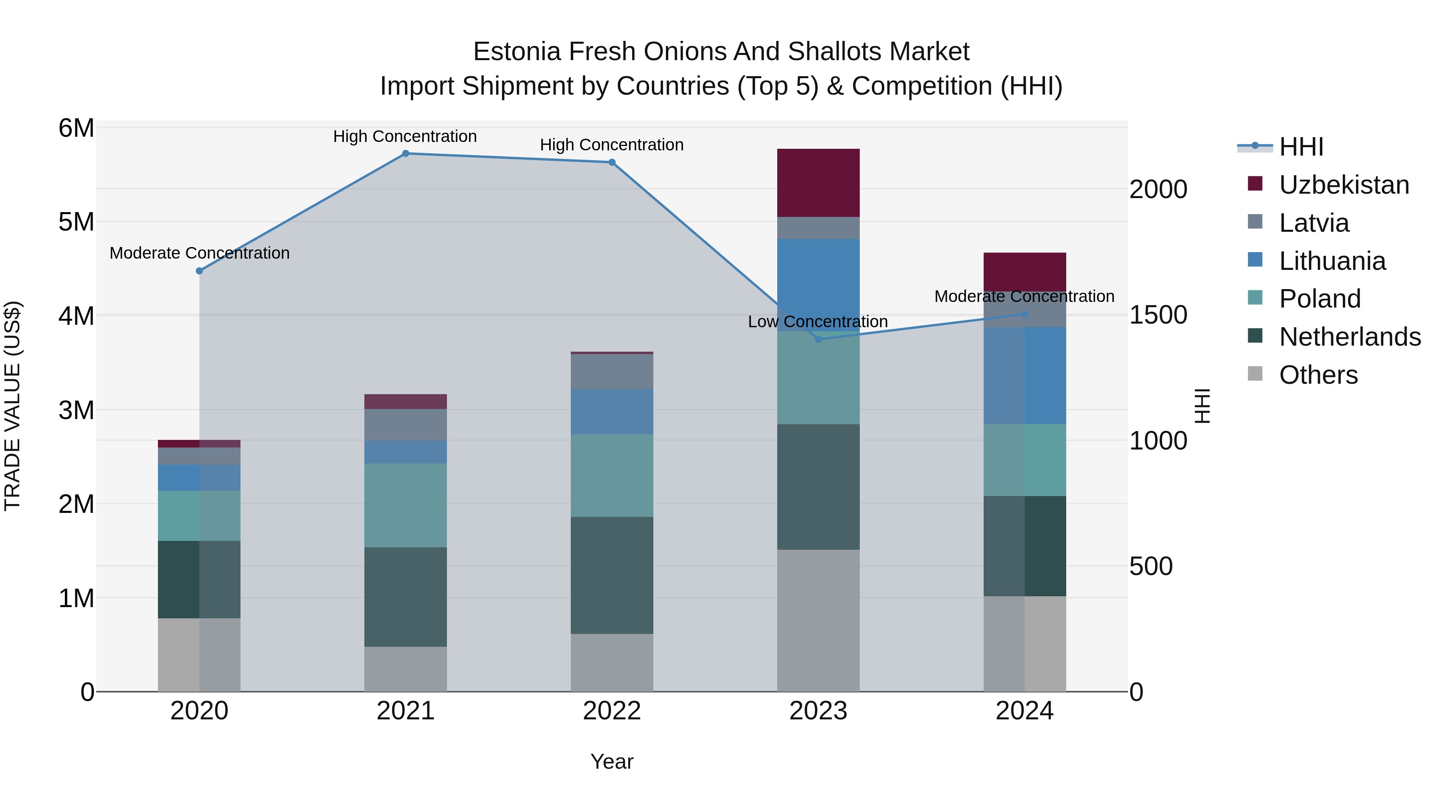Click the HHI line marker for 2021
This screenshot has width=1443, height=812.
[406, 154]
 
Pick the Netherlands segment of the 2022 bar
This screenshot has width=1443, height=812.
[612, 575]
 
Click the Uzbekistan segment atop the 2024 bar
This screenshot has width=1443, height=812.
[1025, 272]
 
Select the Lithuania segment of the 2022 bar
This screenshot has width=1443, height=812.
[612, 411]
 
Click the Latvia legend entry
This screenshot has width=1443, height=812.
[1314, 223]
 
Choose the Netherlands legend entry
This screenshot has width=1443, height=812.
[1350, 337]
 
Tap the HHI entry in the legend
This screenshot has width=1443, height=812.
[1301, 147]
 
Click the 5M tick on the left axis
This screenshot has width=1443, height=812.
[76, 222]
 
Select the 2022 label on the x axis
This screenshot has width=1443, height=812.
[612, 711]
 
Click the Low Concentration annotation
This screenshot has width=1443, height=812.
[817, 322]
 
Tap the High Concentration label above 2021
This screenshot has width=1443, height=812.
[404, 136]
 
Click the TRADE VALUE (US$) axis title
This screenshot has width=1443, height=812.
[12, 406]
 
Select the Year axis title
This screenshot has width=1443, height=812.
[612, 761]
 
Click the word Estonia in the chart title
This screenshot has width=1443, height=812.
[517, 52]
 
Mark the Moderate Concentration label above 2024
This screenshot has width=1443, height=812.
[1024, 296]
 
